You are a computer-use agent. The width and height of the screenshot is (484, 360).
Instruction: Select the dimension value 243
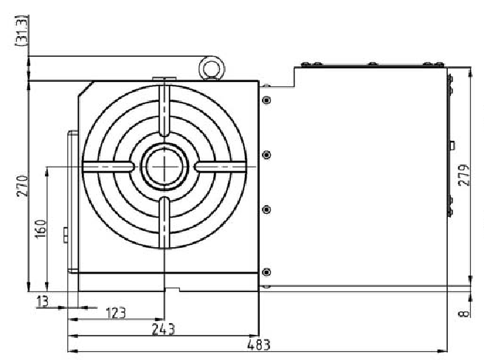tap(164, 328)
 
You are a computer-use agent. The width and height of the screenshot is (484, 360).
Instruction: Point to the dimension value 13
tap(41, 300)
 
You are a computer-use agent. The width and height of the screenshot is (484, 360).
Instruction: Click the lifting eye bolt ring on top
tap(211, 69)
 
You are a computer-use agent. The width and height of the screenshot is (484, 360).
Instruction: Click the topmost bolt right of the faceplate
tap(266, 100)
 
